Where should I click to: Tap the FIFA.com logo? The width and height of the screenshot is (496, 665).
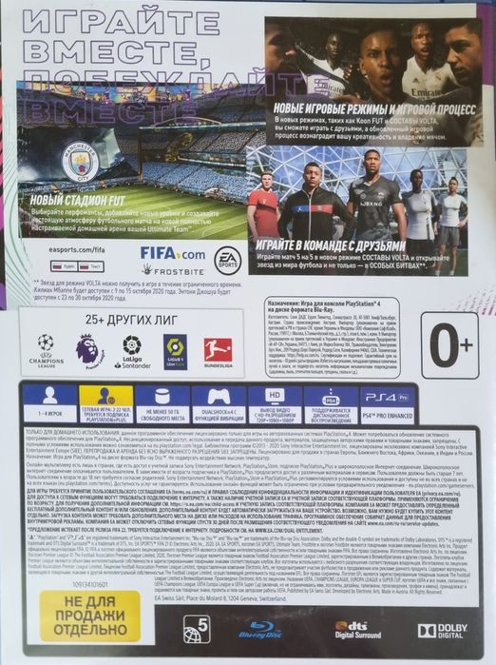pos(172,254)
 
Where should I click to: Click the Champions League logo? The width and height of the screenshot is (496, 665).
pos(46,350)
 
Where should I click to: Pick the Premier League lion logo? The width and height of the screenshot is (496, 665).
pos(90,349)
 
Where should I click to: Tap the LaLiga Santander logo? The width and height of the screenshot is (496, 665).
pos(132,350)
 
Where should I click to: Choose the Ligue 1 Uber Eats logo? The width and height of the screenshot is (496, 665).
pos(174,349)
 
